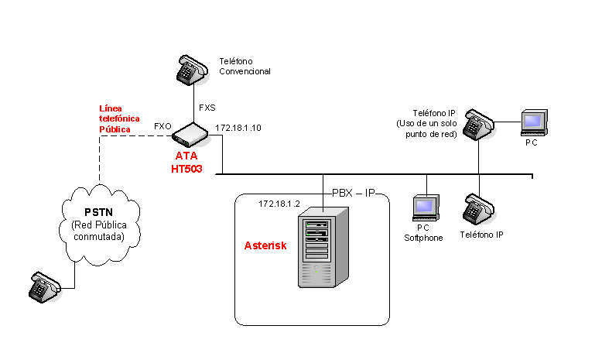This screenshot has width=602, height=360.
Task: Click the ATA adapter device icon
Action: (190, 135)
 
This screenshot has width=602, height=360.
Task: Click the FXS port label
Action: (207, 108)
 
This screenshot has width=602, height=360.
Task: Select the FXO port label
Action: (162, 125)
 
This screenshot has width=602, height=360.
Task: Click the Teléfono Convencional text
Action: (245, 66)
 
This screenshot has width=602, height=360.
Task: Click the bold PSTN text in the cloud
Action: (97, 213)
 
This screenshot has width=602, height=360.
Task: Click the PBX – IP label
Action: (353, 191)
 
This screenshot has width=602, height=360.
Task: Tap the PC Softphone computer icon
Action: (424, 207)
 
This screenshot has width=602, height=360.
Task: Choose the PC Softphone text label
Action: (423, 233)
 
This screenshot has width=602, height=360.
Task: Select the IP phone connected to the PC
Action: (479, 125)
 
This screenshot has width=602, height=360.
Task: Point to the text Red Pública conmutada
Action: (97, 231)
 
